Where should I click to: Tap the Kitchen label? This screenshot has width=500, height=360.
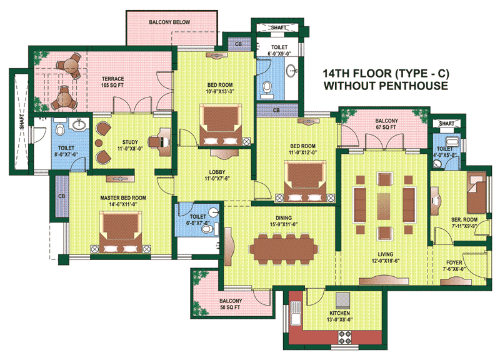click(339, 313)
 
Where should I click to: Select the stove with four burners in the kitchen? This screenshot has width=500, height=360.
click(345, 337)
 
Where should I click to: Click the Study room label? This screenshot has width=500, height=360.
click(130, 142)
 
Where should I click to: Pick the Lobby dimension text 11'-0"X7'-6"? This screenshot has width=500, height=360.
click(217, 179)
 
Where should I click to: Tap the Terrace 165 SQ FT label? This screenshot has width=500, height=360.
click(112, 82)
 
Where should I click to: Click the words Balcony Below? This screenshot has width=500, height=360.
click(169, 22)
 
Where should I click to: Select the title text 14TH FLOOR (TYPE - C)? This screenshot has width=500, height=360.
click(386, 74)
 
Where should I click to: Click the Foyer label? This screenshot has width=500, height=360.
click(454, 262)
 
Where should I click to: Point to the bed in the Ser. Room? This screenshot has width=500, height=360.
click(477, 193)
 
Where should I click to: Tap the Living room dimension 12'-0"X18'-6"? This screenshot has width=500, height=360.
click(386, 261)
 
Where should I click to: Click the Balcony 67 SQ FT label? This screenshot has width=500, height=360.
click(386, 124)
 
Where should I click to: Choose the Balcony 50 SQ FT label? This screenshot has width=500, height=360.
click(231, 304)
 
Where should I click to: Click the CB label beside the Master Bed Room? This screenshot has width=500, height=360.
click(61, 196)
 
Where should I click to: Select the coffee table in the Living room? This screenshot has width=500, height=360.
click(384, 206)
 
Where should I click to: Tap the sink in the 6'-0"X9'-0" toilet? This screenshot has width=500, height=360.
click(292, 71)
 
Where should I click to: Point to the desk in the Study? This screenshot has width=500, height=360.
click(164, 142)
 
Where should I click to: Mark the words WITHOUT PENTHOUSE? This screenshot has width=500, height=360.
click(386, 86)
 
